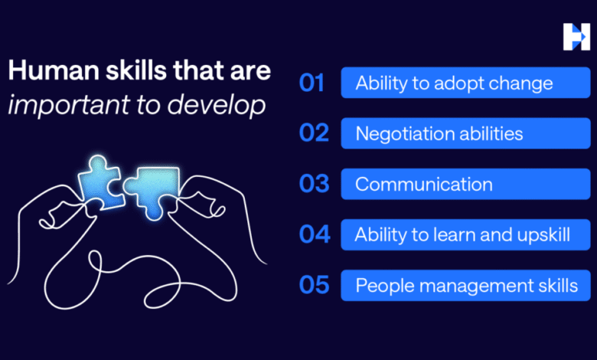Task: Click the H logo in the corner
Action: tap(576, 37)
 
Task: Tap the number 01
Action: tap(312, 83)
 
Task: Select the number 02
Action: tap(314, 133)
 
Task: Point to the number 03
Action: tap(314, 184)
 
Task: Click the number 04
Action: tap(315, 234)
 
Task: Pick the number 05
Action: tap(314, 285)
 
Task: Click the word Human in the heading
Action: tap(54, 70)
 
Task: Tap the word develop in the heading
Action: tap(217, 105)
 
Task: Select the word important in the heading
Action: tap(69, 106)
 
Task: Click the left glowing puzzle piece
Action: tap(99, 183)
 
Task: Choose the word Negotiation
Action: tap(404, 134)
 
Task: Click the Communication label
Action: tap(424, 185)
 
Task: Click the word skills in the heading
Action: tap(136, 70)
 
